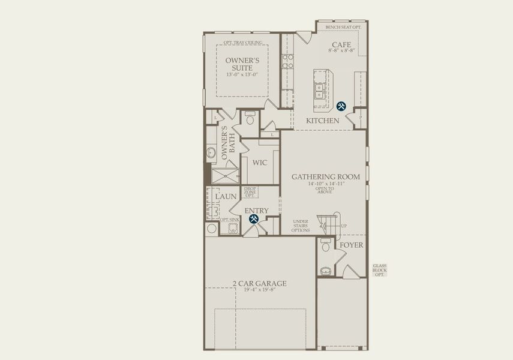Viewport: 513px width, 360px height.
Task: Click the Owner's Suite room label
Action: (x=242, y=64)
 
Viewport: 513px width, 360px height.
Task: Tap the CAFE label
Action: (x=341, y=45)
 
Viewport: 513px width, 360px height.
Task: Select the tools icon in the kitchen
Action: (x=341, y=106)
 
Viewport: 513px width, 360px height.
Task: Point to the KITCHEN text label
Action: (x=323, y=121)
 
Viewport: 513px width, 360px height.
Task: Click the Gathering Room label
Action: (x=326, y=176)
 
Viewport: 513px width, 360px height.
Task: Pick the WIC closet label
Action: (x=259, y=163)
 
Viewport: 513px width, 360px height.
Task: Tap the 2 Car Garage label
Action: (x=260, y=283)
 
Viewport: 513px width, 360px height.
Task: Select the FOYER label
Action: (x=351, y=245)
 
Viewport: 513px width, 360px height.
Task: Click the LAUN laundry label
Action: (x=226, y=196)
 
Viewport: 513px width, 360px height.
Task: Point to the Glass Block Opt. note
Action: (x=379, y=270)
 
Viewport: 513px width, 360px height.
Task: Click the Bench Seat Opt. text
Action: (x=344, y=27)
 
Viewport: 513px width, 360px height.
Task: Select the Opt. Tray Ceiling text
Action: (x=242, y=43)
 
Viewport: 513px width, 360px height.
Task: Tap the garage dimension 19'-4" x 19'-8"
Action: (x=260, y=290)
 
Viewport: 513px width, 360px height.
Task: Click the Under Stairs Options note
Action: (x=301, y=226)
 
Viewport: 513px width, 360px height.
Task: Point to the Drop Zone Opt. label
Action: (x=250, y=192)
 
